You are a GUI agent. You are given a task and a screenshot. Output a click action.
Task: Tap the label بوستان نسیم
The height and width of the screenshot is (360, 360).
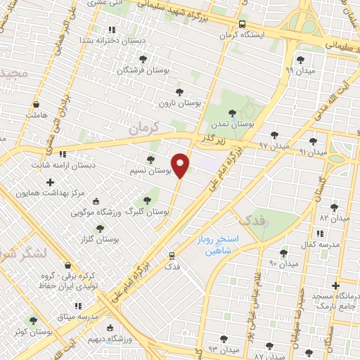151,171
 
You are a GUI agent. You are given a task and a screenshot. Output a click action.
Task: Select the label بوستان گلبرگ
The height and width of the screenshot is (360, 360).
148,211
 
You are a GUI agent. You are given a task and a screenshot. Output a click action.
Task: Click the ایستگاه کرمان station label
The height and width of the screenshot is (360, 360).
247,34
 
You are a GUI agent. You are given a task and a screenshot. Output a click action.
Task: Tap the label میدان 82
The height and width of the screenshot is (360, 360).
335,219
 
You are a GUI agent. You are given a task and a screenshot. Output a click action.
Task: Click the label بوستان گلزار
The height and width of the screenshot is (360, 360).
99,239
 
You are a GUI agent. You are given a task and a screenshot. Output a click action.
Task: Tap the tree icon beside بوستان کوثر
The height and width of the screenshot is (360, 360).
33,321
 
